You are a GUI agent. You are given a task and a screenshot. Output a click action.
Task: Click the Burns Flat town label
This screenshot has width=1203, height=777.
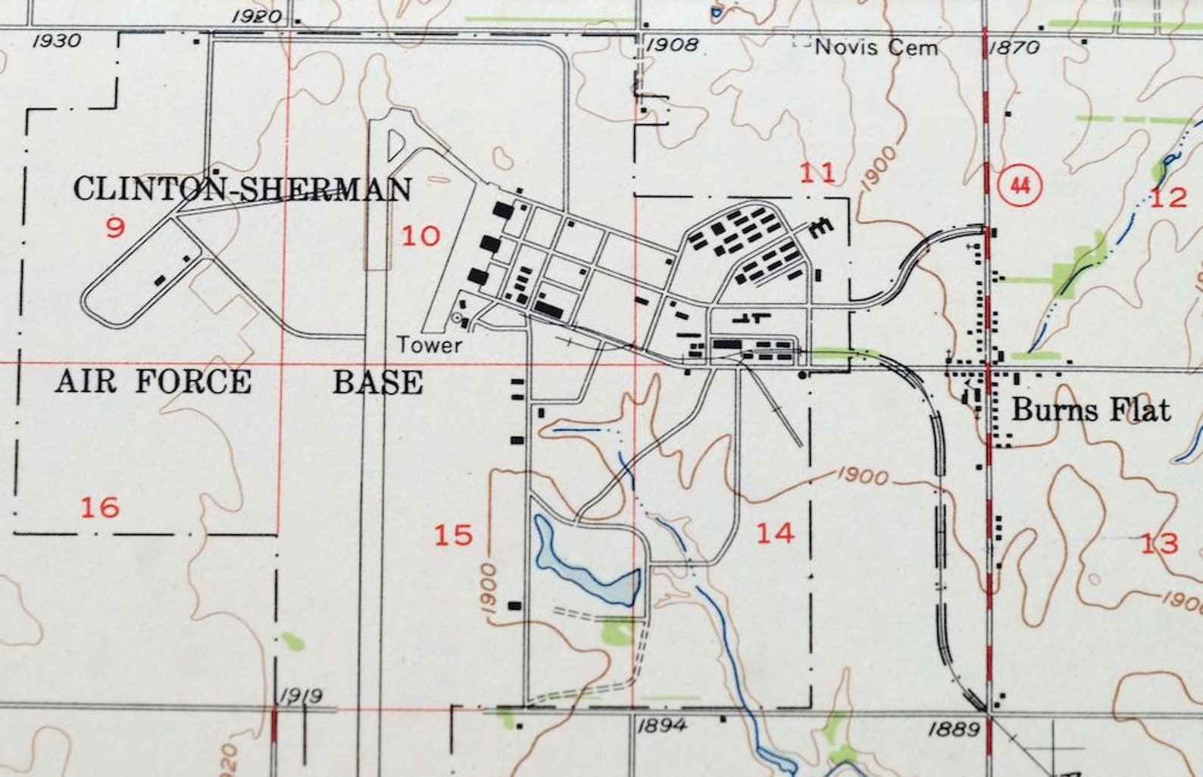1091,410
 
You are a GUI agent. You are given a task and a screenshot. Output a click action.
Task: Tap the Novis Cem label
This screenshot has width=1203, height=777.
876,48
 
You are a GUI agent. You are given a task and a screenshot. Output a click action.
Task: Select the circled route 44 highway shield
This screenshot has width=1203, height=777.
1020,186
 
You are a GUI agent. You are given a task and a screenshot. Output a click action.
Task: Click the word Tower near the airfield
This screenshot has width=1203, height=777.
430,345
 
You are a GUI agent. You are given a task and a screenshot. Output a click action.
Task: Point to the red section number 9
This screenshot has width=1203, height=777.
115,227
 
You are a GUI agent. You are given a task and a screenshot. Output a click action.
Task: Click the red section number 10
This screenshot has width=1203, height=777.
420,236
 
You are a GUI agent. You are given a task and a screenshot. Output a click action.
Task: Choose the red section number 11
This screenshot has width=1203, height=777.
818,173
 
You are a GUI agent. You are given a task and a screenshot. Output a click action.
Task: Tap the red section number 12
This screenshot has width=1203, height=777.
1169,198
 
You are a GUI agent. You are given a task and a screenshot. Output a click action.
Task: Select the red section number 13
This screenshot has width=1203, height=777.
1160,543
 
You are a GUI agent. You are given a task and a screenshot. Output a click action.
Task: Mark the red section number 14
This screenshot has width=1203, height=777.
775,533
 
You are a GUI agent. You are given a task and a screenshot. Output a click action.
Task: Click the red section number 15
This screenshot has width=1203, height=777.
453,535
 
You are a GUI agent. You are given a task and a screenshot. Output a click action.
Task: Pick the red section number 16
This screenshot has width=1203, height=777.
100,507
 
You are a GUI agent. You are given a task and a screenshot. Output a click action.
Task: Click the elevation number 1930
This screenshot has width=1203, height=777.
56,41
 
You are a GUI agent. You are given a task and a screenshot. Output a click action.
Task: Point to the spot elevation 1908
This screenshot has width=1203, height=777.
671,45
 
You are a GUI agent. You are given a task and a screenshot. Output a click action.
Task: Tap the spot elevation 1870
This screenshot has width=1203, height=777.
1014,48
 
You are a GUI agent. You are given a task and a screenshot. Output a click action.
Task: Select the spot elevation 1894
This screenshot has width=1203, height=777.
662,726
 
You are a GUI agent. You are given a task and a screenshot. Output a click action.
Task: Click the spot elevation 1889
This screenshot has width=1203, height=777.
954,729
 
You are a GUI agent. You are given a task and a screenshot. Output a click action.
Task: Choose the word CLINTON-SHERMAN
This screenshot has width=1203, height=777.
242,189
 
